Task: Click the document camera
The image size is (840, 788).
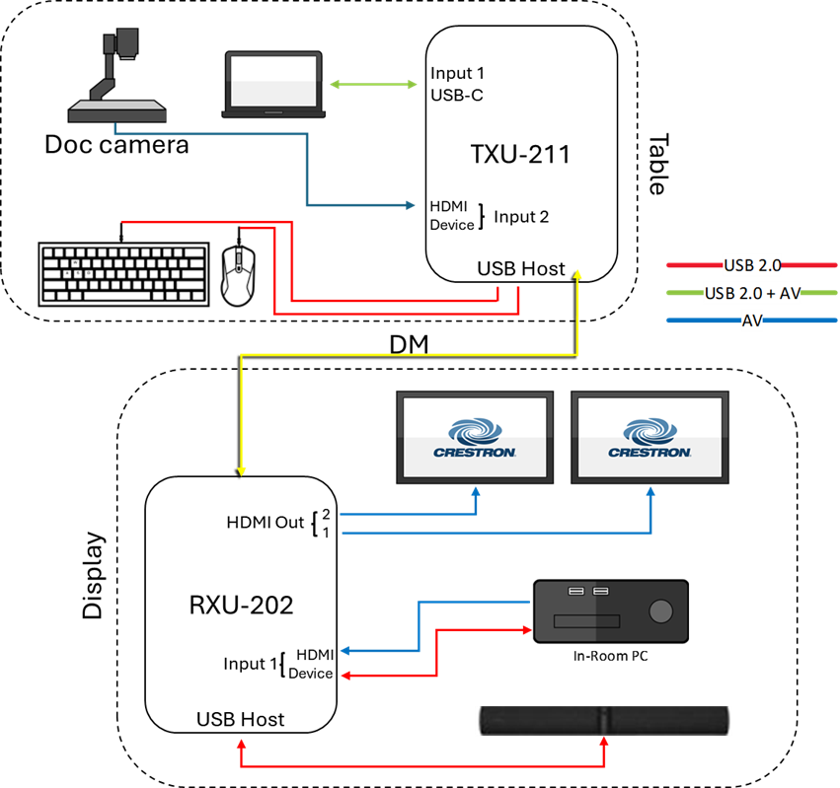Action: (116, 79)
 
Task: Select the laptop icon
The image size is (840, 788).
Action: (273, 85)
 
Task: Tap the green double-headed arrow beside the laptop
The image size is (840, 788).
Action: (373, 85)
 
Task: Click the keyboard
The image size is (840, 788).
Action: (123, 274)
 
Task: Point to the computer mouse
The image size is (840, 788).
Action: (237, 275)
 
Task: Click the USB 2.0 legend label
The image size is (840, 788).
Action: (752, 265)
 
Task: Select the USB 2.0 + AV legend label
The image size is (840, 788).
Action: (752, 293)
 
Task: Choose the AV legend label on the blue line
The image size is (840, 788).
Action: (752, 321)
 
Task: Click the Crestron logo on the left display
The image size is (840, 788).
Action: (475, 438)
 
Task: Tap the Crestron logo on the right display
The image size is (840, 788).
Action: (649, 438)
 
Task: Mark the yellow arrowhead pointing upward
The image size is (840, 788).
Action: (578, 273)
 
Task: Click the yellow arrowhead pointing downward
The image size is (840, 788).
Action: (241, 471)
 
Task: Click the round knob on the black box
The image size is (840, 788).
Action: (661, 611)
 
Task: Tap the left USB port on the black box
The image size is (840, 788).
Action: (576, 592)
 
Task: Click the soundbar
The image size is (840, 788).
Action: (602, 720)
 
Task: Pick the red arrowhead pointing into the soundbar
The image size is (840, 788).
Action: (604, 742)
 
